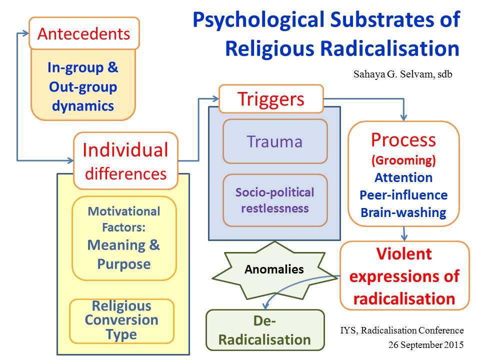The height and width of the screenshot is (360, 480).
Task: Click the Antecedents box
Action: [x=84, y=33]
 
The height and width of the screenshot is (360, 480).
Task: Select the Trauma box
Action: [x=275, y=141]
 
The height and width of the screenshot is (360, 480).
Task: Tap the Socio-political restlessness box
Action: [x=275, y=200]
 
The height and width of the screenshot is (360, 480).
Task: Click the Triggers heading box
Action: [x=271, y=99]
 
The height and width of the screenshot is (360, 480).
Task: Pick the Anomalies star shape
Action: [x=274, y=270]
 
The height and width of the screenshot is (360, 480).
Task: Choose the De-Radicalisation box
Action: [x=265, y=330]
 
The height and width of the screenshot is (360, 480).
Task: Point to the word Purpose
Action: [x=124, y=264]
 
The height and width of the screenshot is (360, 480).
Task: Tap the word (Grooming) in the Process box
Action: [x=404, y=160]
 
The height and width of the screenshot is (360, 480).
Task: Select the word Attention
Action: [x=404, y=177]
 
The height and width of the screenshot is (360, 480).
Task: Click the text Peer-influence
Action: [x=404, y=195]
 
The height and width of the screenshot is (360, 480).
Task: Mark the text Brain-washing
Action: [x=404, y=212]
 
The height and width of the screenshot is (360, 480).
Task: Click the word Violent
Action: [x=404, y=254]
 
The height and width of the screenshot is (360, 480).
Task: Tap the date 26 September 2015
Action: [x=426, y=345]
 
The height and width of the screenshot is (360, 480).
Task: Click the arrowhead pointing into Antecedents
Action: [x=26, y=33]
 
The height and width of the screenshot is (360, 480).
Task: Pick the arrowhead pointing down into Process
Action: [x=404, y=117]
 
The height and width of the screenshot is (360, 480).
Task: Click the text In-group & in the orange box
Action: [x=83, y=67]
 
